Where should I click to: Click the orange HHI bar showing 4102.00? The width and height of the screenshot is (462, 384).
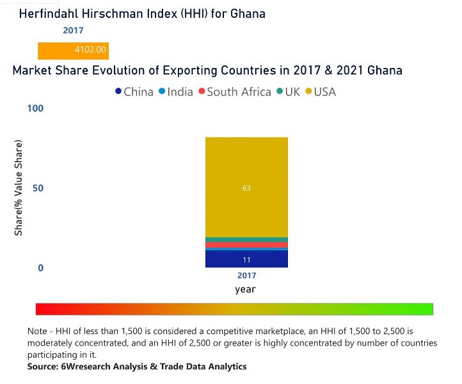tap(74, 50)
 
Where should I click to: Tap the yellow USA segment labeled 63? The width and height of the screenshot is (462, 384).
tap(246, 188)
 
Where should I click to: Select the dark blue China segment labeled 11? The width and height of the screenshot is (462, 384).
tap(246, 259)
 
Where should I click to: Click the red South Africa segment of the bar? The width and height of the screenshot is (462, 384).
tap(246, 244)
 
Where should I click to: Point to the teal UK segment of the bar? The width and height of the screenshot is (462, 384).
tap(246, 239)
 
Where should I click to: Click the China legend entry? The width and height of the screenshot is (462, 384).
tap(134, 92)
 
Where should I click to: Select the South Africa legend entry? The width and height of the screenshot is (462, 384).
tap(234, 92)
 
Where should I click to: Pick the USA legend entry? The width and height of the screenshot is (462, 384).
tap(321, 92)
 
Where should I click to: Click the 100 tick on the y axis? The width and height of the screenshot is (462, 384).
tap(35, 108)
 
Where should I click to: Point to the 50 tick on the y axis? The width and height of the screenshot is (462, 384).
tap(37, 188)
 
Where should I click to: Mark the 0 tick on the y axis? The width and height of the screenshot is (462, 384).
tap(40, 268)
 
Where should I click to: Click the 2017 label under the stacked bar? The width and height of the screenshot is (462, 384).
tap(246, 276)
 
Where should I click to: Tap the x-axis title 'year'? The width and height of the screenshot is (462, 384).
tap(245, 289)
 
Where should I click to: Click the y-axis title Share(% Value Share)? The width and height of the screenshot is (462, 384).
tap(19, 186)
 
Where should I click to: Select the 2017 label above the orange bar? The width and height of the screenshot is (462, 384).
tap(73, 30)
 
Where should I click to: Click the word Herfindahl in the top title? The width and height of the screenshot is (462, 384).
tap(51, 13)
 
